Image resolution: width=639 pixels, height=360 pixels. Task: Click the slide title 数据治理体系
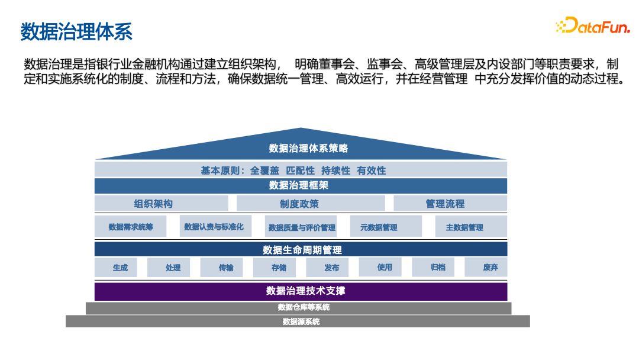click(x=76, y=31)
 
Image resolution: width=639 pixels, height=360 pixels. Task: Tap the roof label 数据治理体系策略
click(x=301, y=148)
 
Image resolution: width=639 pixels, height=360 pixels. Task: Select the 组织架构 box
click(x=153, y=204)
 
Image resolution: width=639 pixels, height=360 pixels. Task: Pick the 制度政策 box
click(x=299, y=204)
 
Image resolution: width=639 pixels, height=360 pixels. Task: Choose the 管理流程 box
click(x=445, y=204)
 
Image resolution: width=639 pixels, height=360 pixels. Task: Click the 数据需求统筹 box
click(x=131, y=227)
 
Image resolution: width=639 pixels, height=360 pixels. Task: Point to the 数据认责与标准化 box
click(x=214, y=226)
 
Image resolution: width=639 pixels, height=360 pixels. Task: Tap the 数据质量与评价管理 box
click(x=302, y=227)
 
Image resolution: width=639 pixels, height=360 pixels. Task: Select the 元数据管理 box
click(x=379, y=227)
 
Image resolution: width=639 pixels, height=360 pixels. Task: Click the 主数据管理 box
click(x=464, y=227)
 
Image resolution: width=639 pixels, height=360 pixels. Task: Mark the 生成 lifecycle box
click(x=120, y=268)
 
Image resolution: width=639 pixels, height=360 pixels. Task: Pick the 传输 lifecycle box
click(x=226, y=268)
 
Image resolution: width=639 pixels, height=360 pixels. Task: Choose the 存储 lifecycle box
click(x=279, y=268)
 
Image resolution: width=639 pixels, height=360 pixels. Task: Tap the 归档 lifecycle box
click(x=438, y=268)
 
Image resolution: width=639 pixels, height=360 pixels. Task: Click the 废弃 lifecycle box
click(x=490, y=268)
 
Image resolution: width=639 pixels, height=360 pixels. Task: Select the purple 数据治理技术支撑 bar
click(x=301, y=291)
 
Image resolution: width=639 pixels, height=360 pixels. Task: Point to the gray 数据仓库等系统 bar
click(x=301, y=308)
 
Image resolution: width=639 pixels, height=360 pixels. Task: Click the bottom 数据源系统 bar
click(x=301, y=322)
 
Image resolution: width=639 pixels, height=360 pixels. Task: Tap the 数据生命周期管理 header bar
click(x=301, y=249)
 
